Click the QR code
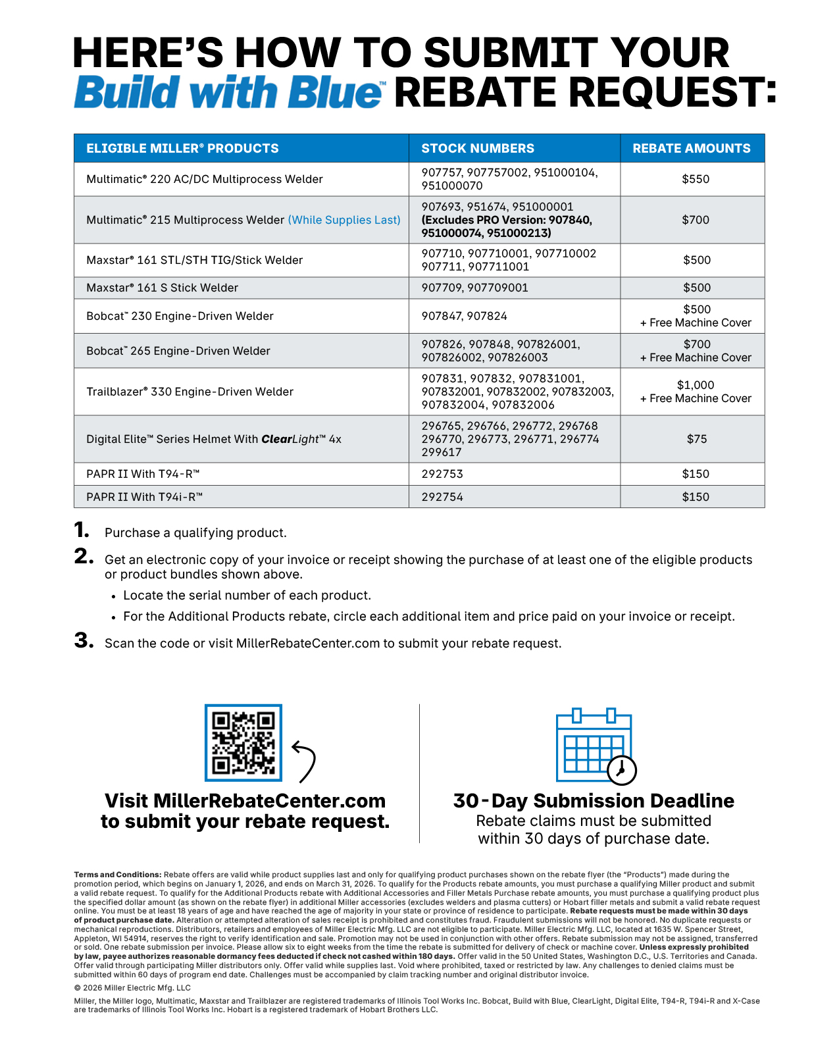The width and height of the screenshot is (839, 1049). point(243,742)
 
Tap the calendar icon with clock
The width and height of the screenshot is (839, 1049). point(595,746)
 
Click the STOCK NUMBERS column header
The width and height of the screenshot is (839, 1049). point(478,149)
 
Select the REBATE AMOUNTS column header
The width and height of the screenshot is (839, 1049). point(692,149)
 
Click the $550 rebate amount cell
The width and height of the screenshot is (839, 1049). point(696,179)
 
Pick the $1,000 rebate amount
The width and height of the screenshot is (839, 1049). point(696,385)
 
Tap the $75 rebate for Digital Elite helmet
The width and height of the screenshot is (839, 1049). point(696,439)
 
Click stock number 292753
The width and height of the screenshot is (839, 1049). point(442,474)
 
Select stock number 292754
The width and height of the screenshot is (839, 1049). point(442,497)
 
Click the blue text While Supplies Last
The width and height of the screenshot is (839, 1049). point(344,220)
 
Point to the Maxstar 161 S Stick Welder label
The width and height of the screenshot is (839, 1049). point(163,288)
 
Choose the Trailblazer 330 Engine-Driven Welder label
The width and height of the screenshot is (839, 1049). point(190,392)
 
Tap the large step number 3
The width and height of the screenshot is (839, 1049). point(84,640)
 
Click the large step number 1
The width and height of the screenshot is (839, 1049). point(82,530)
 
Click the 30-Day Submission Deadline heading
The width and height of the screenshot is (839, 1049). point(594,801)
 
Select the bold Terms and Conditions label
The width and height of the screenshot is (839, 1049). point(118,875)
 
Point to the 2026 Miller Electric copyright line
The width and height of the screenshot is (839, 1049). point(132,988)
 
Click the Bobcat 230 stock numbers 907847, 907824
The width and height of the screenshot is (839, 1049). point(465,316)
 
